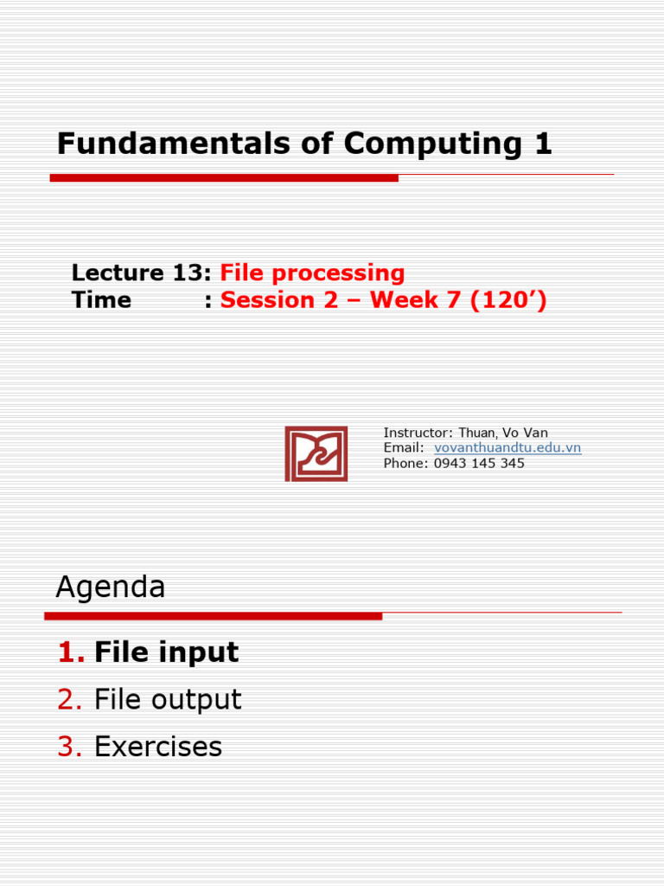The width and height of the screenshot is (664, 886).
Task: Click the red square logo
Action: coord(316,453)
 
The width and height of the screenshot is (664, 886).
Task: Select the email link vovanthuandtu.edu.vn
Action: coord(507,447)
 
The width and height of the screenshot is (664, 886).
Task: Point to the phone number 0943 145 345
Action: coord(479,463)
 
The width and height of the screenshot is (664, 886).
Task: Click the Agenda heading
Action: coord(111,587)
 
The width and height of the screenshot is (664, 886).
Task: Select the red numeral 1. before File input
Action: coord(71,652)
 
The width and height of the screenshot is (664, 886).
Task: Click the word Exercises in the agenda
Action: coord(158,746)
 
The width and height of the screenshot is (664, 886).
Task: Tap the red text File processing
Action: coord(312,273)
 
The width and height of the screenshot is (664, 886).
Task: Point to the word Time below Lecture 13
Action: coord(101,300)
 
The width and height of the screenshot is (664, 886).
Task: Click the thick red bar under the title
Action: coord(224,177)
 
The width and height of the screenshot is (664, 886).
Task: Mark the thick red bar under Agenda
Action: coord(213,616)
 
